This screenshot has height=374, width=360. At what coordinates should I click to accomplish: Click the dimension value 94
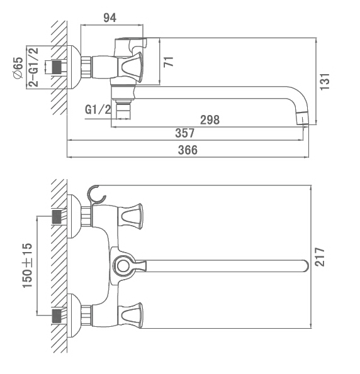point(110,18)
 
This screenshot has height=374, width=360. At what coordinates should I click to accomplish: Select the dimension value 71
point(169,62)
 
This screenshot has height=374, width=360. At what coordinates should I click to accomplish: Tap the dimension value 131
point(325,82)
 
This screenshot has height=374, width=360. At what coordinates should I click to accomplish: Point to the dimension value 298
point(210,119)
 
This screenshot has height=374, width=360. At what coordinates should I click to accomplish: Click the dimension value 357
point(185,133)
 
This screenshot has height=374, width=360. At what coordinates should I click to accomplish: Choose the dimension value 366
point(188,150)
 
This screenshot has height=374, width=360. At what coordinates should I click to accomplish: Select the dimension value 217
point(320,257)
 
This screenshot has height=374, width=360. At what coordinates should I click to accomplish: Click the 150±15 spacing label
point(27,265)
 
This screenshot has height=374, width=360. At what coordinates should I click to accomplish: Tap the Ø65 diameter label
point(18,68)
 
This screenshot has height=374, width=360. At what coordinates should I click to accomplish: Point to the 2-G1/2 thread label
point(33,67)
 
